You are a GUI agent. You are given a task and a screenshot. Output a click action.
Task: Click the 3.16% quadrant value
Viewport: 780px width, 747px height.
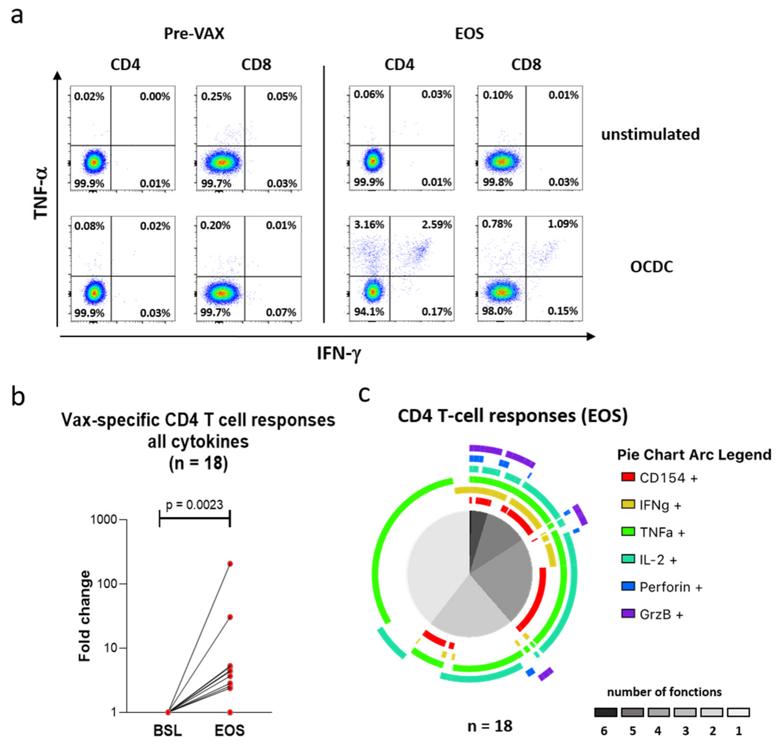tap(369, 225)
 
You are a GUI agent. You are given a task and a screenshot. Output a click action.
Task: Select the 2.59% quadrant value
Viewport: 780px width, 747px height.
tap(437, 225)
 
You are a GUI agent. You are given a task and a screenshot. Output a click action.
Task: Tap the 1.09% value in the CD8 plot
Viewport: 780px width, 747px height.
tap(562, 224)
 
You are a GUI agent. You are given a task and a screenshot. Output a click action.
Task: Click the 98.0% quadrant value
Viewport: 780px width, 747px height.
tap(497, 311)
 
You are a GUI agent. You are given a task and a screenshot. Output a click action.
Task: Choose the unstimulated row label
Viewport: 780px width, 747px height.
tap(650, 135)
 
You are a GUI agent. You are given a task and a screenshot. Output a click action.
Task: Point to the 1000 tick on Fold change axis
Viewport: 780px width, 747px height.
tap(103, 520)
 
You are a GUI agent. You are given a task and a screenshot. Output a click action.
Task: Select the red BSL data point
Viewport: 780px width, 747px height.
tap(168, 712)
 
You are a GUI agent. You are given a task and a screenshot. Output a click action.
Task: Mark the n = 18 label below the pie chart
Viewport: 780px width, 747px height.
tap(490, 726)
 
